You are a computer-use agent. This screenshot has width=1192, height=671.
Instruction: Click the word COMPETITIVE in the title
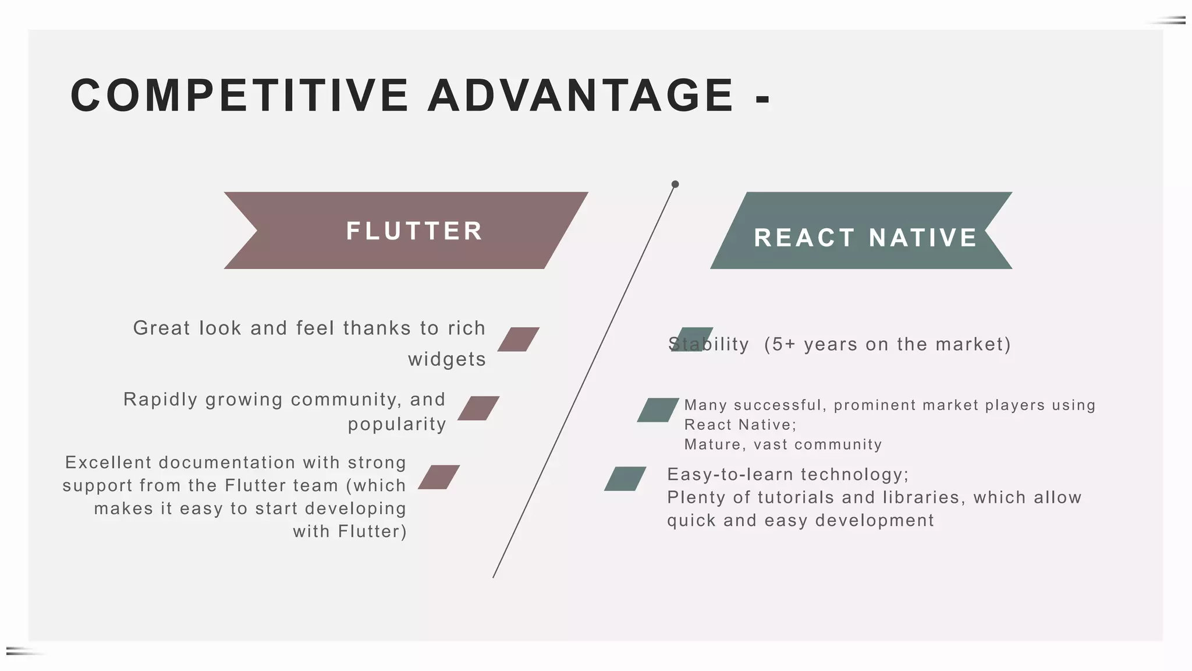point(239,96)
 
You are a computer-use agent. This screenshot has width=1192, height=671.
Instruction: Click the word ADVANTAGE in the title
point(580,96)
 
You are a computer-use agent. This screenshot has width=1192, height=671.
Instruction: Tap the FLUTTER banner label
point(414,231)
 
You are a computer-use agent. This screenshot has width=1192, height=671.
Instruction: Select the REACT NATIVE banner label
point(865,238)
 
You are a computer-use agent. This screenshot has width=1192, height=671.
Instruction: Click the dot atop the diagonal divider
point(675,184)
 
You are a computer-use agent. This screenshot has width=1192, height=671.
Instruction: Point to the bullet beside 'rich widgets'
point(518,340)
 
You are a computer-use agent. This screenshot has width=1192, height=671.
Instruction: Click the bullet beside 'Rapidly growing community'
point(478,408)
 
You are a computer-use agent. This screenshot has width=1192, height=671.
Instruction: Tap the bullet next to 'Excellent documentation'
point(439,477)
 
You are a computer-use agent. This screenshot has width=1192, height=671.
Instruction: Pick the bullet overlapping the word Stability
point(691,340)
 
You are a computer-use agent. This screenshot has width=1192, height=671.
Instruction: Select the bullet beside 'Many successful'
point(658,410)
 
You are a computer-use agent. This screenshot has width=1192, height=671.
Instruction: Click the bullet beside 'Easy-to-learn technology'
point(625,479)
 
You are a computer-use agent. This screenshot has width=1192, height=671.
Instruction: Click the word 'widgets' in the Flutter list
point(446,359)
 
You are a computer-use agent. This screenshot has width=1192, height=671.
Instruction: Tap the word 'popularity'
point(397,424)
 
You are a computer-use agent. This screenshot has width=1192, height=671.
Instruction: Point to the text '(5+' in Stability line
point(780,344)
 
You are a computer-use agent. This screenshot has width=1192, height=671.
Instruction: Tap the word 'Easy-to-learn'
point(730,474)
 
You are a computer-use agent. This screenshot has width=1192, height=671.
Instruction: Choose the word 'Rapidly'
point(160,400)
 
